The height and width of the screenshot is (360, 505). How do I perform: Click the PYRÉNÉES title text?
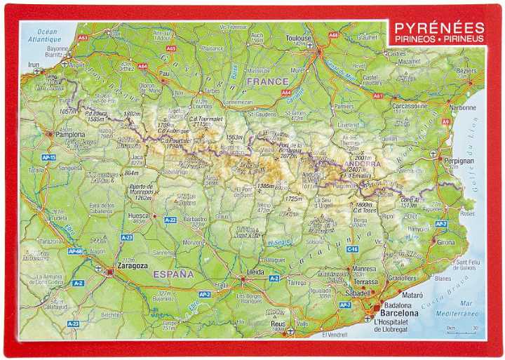pos(439,28)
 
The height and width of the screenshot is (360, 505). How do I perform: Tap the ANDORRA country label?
pos(363,164)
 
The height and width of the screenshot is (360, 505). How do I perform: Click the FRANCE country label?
pos(267,81)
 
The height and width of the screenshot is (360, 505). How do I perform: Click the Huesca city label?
pos(140,216)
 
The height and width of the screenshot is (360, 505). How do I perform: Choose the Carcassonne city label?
pos(410,106)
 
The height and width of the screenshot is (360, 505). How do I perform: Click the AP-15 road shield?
pos(48,157)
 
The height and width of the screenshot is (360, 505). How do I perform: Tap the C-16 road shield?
pos(352,249)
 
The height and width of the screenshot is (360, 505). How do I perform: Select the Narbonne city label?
pos(463,108)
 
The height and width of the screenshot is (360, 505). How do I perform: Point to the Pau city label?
pos(165,72)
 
